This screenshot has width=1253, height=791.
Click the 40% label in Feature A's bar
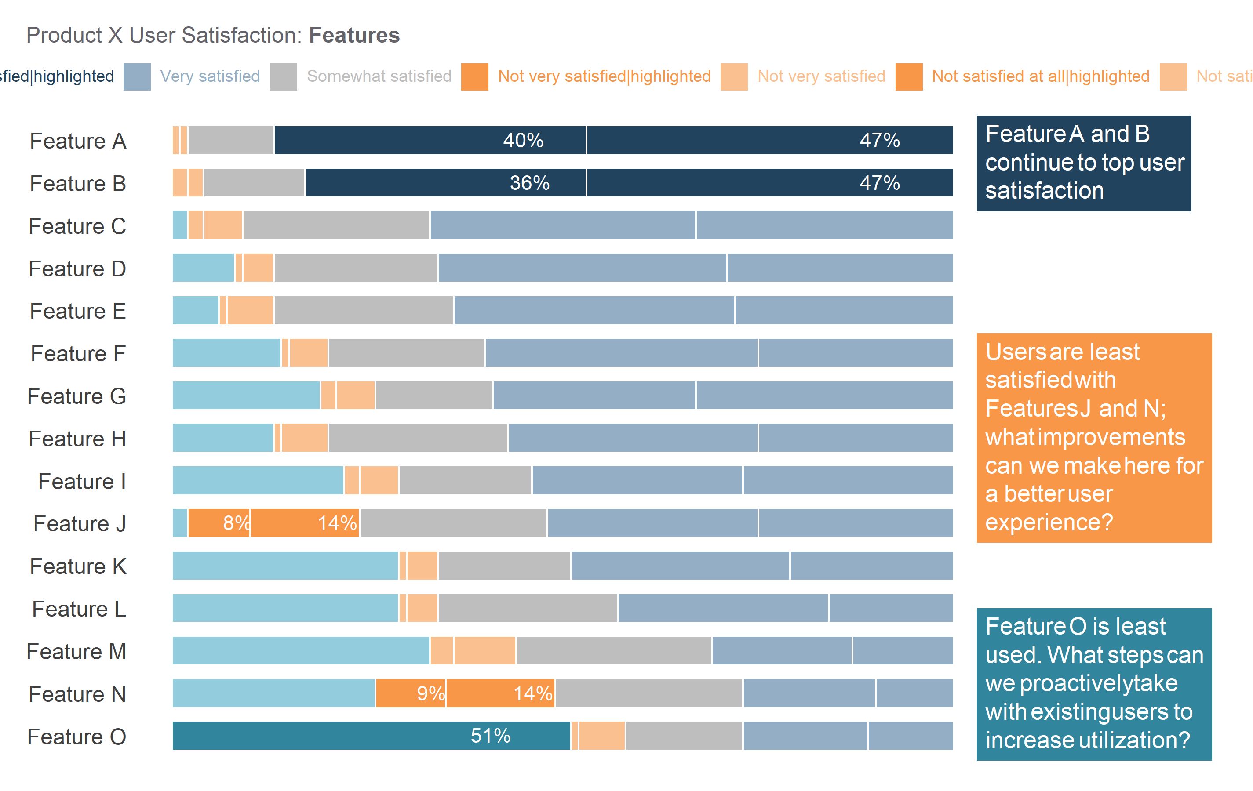523,141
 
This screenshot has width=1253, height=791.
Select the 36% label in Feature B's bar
529,183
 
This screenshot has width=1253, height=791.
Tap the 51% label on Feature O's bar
490,736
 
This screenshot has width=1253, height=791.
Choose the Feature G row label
77,396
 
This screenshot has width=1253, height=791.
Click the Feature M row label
76,652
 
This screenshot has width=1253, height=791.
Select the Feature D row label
77,269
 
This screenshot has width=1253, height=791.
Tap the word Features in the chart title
354,35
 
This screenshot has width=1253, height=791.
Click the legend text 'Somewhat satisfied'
379,76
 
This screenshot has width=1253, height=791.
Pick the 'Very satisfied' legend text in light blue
210,76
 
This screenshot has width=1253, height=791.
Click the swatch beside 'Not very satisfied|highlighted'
474,77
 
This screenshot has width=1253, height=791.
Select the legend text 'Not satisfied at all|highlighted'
1041,76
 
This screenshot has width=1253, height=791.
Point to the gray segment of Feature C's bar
336,225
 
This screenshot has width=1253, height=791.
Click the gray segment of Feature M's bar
613,650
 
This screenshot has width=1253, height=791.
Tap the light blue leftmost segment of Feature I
258,480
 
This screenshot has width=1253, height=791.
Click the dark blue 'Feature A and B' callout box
1083,163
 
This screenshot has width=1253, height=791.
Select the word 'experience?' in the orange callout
1049,522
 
